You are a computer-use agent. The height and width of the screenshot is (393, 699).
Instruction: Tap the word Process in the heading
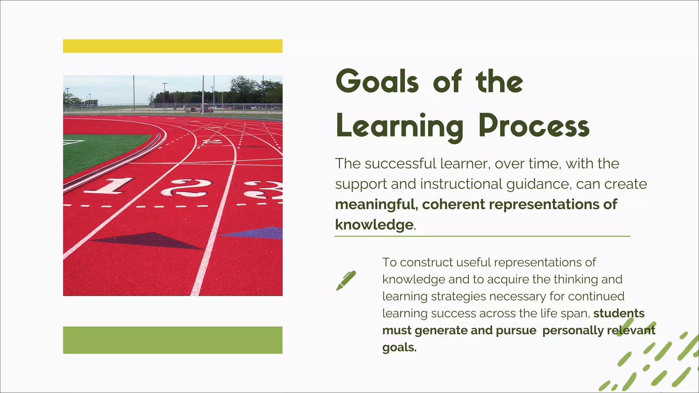534,126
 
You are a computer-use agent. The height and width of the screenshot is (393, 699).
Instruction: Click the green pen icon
346,280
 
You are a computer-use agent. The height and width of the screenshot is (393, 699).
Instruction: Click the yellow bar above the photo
173,46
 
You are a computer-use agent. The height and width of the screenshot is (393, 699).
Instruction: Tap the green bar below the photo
173,340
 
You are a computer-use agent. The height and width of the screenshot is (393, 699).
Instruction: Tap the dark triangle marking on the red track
150,240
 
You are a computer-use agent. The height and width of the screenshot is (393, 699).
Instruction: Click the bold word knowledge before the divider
374,225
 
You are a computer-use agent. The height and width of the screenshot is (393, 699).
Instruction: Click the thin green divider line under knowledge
482,236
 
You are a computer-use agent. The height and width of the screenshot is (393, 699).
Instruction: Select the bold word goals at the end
399,348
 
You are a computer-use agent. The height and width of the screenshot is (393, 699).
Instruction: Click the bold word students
619,313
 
